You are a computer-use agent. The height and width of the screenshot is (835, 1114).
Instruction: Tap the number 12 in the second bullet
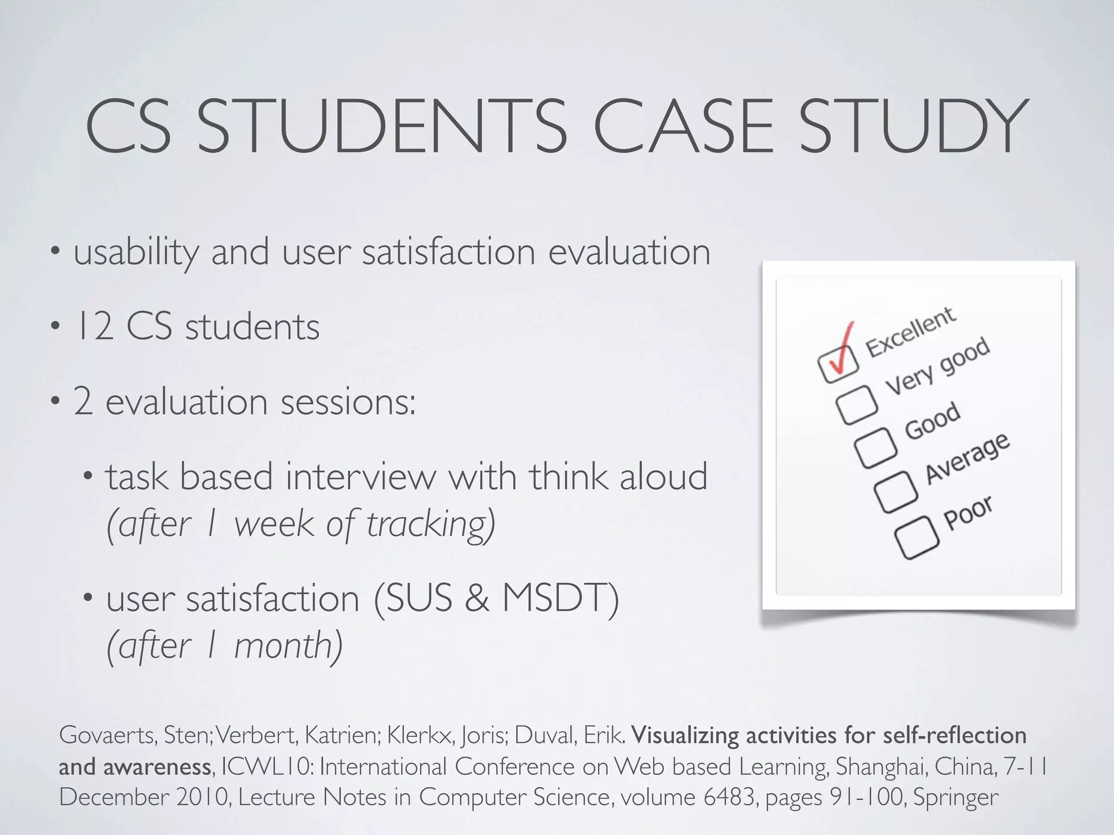tap(94, 327)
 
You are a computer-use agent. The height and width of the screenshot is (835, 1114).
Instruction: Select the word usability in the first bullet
tap(136, 253)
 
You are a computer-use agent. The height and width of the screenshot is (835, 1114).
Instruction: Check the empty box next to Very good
tap(857, 404)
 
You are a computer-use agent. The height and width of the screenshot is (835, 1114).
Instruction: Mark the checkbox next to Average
tap(895, 491)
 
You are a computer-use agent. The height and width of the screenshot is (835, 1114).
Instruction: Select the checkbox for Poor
tap(917, 537)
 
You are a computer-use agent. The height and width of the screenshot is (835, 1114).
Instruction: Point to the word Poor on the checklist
tap(969, 513)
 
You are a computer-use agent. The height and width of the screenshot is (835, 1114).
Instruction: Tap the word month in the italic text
tap(283, 646)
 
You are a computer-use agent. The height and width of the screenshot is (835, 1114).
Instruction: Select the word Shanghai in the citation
tap(881, 767)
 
